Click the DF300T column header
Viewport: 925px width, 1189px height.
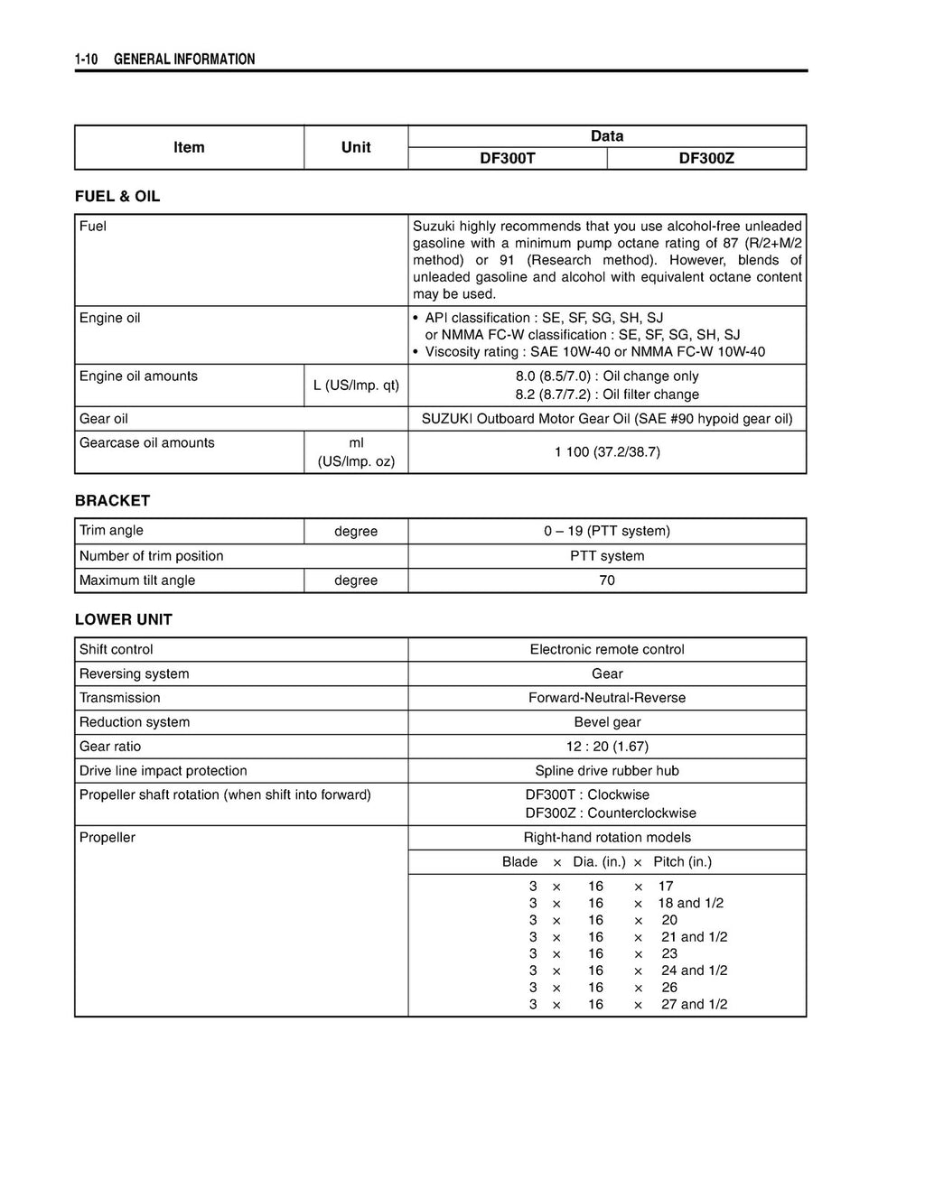pos(507,159)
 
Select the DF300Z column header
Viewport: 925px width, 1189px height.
pos(706,159)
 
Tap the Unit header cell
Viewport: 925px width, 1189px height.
pos(356,147)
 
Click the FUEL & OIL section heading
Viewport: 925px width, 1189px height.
pos(117,197)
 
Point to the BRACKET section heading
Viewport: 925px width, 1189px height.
pos(113,501)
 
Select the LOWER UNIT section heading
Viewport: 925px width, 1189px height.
pos(124,620)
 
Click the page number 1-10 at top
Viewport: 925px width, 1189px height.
pos(87,60)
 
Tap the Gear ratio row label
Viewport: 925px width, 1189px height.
pos(110,747)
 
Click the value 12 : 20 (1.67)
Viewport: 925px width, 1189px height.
pos(607,747)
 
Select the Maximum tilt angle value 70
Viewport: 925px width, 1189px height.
pos(607,581)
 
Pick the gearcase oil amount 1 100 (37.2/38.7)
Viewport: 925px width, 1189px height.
pos(607,451)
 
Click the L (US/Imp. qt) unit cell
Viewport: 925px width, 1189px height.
pos(356,385)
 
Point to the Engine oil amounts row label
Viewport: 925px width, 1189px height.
pos(138,376)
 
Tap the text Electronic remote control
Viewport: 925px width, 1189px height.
pos(607,650)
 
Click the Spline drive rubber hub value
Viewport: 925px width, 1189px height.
pos(607,771)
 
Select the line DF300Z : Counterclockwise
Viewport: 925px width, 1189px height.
pos(611,813)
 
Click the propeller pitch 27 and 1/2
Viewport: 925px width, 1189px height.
pos(694,1005)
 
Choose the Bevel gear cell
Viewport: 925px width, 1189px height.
pos(607,722)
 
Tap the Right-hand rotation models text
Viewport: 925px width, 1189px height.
pos(607,838)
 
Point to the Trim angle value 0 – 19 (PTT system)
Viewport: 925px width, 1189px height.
pos(607,531)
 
